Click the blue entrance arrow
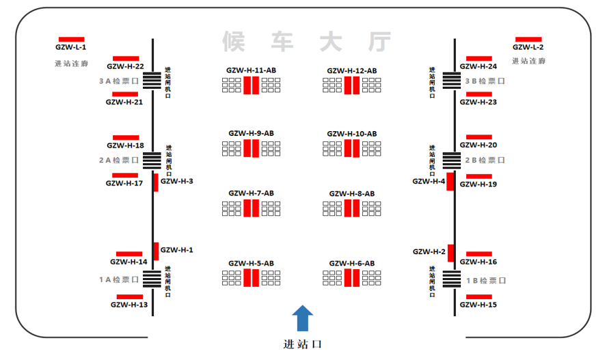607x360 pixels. pyautogui.click(x=303, y=319)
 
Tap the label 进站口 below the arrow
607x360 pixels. pyautogui.click(x=302, y=344)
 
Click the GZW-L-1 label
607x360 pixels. pyautogui.click(x=70, y=47)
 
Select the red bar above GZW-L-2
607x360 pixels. pyautogui.click(x=528, y=39)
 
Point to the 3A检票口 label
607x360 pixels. pyautogui.click(x=119, y=81)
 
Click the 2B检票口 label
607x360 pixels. pyautogui.click(x=485, y=160)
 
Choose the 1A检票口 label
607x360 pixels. pyautogui.click(x=119, y=279)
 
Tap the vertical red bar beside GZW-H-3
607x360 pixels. pyautogui.click(x=156, y=182)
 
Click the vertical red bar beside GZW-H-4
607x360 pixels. pyautogui.click(x=450, y=182)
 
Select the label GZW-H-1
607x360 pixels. pyautogui.click(x=176, y=250)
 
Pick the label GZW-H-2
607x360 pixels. pyautogui.click(x=429, y=251)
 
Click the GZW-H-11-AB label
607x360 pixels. pyautogui.click(x=251, y=70)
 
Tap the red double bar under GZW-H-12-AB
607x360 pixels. pyautogui.click(x=351, y=85)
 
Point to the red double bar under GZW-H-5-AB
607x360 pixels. pyautogui.click(x=251, y=278)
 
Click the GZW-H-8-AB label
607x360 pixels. pyautogui.click(x=351, y=194)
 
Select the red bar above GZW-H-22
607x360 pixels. pyautogui.click(x=126, y=59)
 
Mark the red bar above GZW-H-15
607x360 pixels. pyautogui.click(x=478, y=296)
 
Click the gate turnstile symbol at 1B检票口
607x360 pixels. pyautogui.click(x=452, y=279)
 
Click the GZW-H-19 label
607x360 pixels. pyautogui.click(x=478, y=184)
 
